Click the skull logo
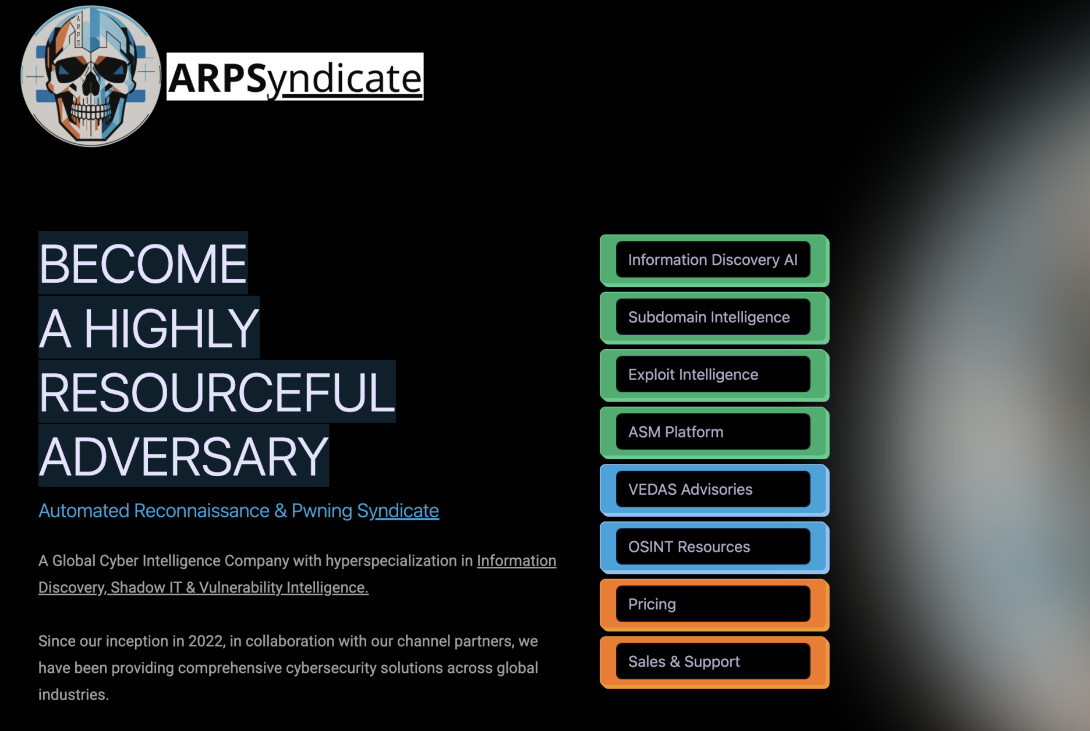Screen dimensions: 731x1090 click(x=91, y=76)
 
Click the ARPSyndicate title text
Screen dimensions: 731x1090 click(x=295, y=77)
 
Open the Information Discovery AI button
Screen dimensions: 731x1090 click(x=713, y=260)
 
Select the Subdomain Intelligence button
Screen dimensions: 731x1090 click(x=713, y=318)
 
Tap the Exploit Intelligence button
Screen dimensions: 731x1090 click(x=713, y=375)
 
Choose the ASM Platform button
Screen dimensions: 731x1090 click(x=713, y=432)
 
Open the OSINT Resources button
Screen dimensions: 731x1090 click(x=713, y=547)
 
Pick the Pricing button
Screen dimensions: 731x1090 click(x=713, y=605)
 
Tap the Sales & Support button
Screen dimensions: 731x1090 click(x=713, y=662)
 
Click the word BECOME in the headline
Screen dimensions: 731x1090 click(x=143, y=264)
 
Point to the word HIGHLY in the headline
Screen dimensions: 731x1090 click(x=171, y=329)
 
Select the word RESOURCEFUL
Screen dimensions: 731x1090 click(x=217, y=393)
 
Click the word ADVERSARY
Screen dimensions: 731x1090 click(x=184, y=457)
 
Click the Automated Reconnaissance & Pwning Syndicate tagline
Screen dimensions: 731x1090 click(x=239, y=511)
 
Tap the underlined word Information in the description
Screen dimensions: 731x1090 click(x=516, y=561)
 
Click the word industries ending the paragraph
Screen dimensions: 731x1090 click(x=73, y=695)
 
